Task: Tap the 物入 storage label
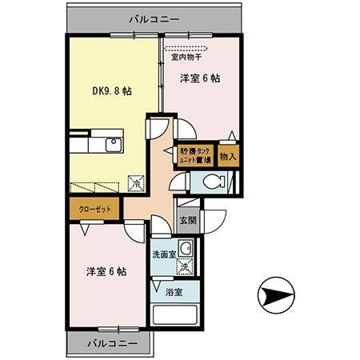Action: coord(227,156)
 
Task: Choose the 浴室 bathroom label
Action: coord(174,292)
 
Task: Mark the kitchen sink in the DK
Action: coord(111,146)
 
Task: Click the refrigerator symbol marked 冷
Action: coord(136,182)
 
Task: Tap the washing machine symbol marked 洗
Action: coord(187,268)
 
